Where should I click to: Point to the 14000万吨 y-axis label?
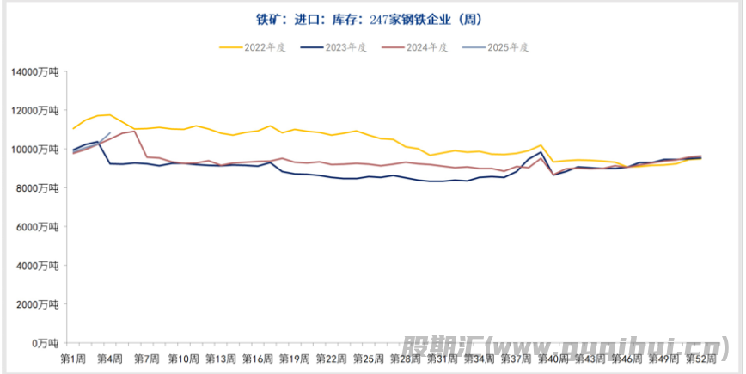click(35, 71)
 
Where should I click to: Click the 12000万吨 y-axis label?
click(35, 110)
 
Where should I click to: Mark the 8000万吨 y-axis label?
click(38, 187)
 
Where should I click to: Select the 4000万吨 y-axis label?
click(38, 265)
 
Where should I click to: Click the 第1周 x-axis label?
click(73, 358)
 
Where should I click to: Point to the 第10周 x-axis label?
click(183, 358)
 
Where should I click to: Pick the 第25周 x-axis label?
click(368, 358)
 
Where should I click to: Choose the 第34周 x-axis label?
click(479, 358)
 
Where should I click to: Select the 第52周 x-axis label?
click(700, 358)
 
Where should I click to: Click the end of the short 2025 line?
click(110, 133)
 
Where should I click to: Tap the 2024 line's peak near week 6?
click(135, 131)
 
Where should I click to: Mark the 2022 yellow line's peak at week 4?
click(109, 114)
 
